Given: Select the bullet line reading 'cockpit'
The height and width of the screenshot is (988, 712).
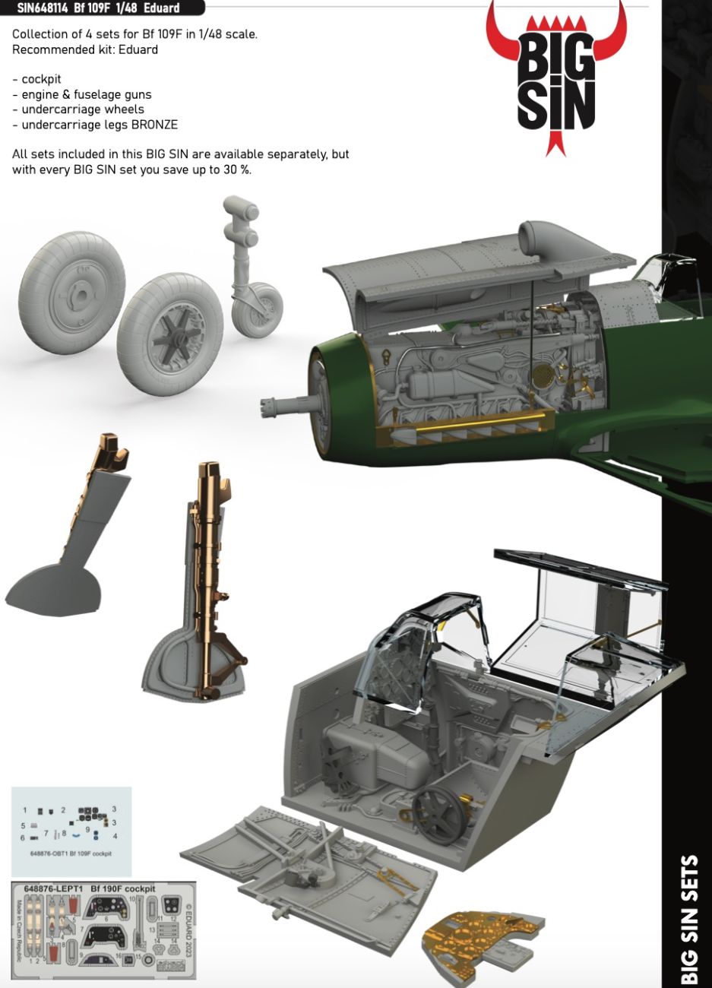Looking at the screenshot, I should click(42, 79).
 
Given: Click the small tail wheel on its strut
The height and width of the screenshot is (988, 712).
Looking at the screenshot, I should click(258, 308).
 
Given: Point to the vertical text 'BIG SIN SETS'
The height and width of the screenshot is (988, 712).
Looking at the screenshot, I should click(690, 920).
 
